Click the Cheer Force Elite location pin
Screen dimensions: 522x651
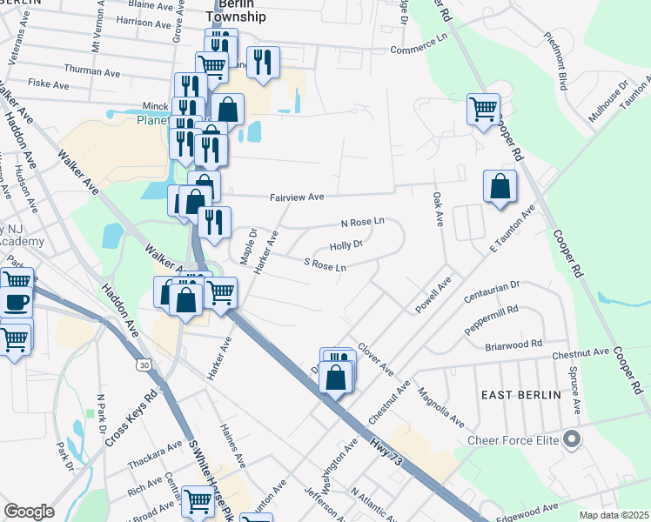pos(571,440)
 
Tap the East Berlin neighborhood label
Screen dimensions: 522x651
pos(521,394)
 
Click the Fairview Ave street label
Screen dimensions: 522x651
pos(297,197)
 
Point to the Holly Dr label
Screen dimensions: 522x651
pos(346,244)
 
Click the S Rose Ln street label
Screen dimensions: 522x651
pos(325,264)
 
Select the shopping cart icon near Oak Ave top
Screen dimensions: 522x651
pos(483,110)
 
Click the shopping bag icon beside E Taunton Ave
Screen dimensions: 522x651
pos(500,186)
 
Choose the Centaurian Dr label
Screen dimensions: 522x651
pos(491,286)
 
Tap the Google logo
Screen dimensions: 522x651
pos(29,512)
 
